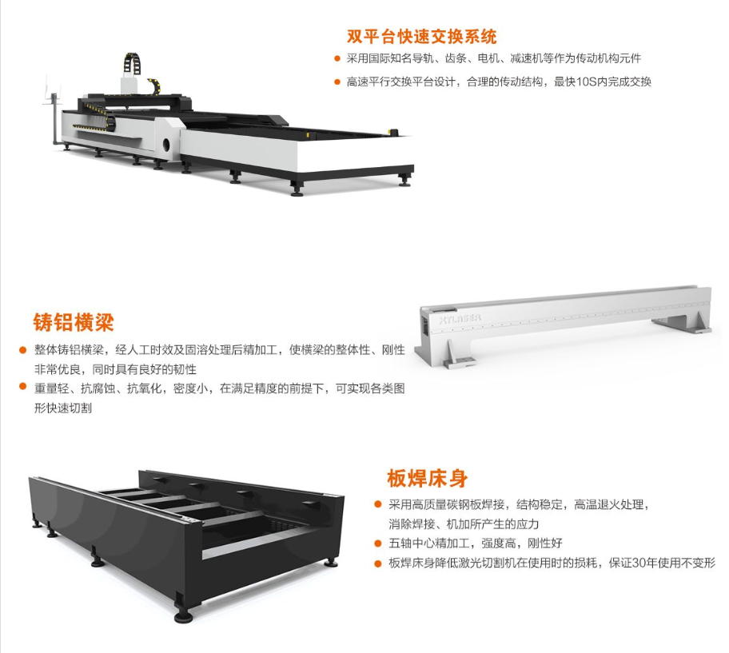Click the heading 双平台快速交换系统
421,36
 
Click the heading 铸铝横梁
74,322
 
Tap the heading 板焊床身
428,478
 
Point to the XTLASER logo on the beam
460,319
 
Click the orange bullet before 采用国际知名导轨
337,58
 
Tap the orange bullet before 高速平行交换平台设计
337,82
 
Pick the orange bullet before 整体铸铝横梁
22,350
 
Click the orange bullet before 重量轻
22,386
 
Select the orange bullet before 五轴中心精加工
378,543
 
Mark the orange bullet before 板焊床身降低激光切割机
378,563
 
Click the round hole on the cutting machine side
166,145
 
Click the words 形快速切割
63,408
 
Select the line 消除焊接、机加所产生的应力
464,524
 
